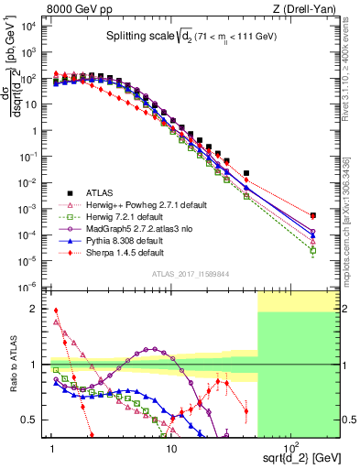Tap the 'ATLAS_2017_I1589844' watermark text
coord(190,274)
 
